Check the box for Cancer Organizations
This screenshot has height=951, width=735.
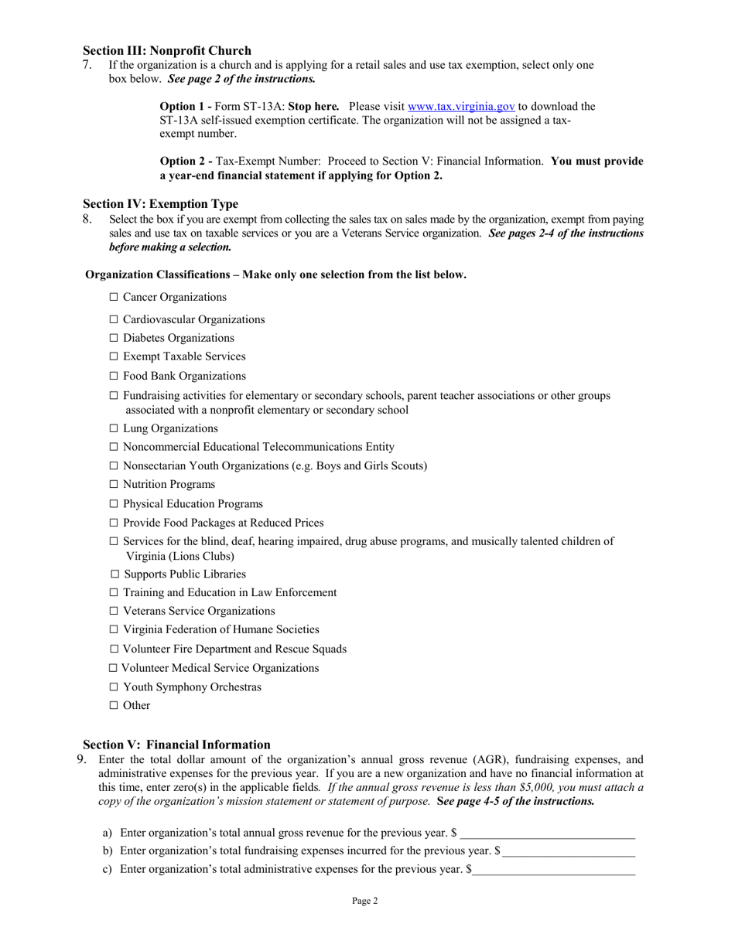tap(114, 297)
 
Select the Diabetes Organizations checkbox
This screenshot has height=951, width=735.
tap(114, 338)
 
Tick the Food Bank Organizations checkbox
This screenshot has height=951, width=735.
tap(114, 376)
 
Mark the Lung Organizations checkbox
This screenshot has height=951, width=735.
tap(114, 428)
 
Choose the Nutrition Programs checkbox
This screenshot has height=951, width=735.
tap(114, 484)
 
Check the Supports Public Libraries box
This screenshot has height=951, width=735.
tap(115, 574)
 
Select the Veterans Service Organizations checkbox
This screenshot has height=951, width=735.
tap(114, 611)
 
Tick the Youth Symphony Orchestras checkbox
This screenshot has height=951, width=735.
tap(114, 687)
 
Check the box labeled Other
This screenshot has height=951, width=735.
tap(114, 705)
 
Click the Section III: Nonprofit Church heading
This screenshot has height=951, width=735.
tap(167, 51)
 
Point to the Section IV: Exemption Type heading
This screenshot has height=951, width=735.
tap(160, 204)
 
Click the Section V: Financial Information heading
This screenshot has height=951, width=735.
tap(176, 745)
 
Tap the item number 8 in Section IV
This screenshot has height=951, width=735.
tap(87, 220)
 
